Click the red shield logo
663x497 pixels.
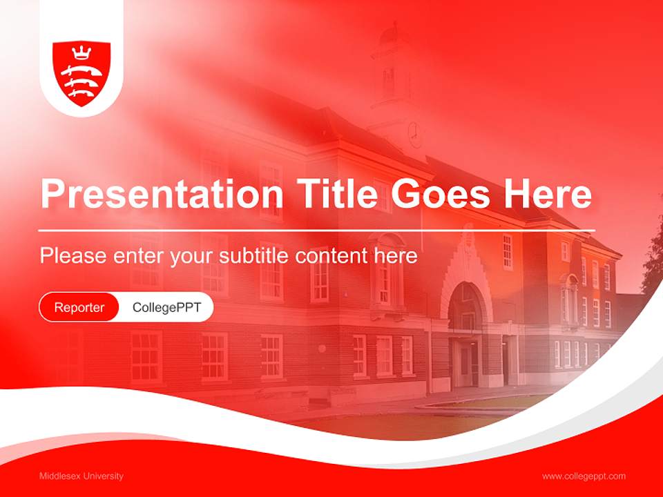(x=81, y=73)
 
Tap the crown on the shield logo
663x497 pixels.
(x=81, y=52)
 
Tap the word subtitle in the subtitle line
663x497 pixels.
(x=254, y=256)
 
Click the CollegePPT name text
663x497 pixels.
(x=166, y=308)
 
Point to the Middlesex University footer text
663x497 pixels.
(x=81, y=476)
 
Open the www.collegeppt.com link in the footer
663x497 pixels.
(x=584, y=476)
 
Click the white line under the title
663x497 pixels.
(x=316, y=231)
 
